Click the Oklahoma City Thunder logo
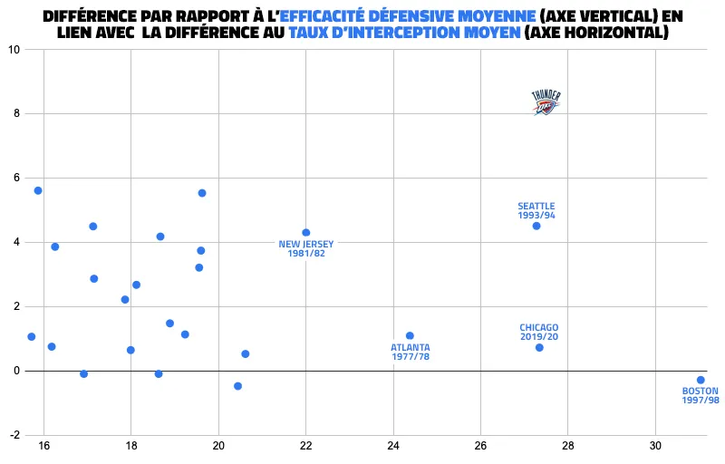546,102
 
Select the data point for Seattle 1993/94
536,226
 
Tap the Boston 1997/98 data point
701,380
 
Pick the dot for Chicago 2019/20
539,347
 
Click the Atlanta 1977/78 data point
410,335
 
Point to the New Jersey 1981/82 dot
305,233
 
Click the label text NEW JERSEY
306,244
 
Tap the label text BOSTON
700,391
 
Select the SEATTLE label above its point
536,206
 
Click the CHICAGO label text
539,327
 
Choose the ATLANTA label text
411,347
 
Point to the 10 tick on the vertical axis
14,50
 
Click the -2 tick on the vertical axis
14,435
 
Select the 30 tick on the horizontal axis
655,447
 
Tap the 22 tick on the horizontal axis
305,447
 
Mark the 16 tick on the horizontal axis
43,447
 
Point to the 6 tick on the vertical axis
16,179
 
